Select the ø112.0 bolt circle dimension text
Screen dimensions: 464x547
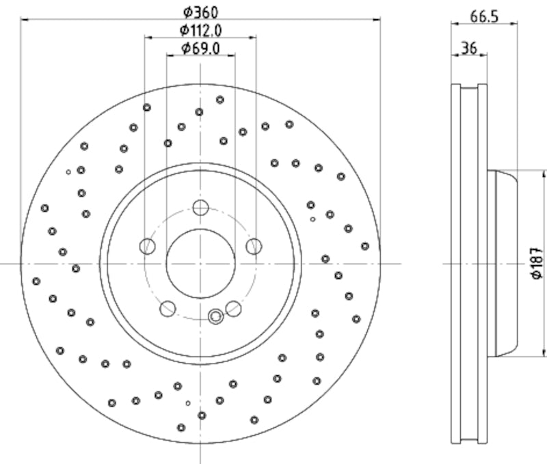(x=201, y=30)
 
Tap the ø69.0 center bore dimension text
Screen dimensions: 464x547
(x=200, y=48)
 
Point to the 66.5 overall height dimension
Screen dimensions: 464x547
(x=483, y=16)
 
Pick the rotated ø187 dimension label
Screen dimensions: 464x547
(x=537, y=263)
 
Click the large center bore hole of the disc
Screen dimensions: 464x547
(x=200, y=263)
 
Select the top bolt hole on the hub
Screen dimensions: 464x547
(x=200, y=208)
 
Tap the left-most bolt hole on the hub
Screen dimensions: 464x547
(x=148, y=246)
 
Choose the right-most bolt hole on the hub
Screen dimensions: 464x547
(x=254, y=246)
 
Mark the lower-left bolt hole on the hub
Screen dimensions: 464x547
(x=168, y=308)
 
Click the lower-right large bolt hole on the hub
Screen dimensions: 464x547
(x=233, y=308)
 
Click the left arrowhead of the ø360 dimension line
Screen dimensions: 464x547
(x=25, y=20)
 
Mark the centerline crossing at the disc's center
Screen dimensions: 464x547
(x=200, y=263)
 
